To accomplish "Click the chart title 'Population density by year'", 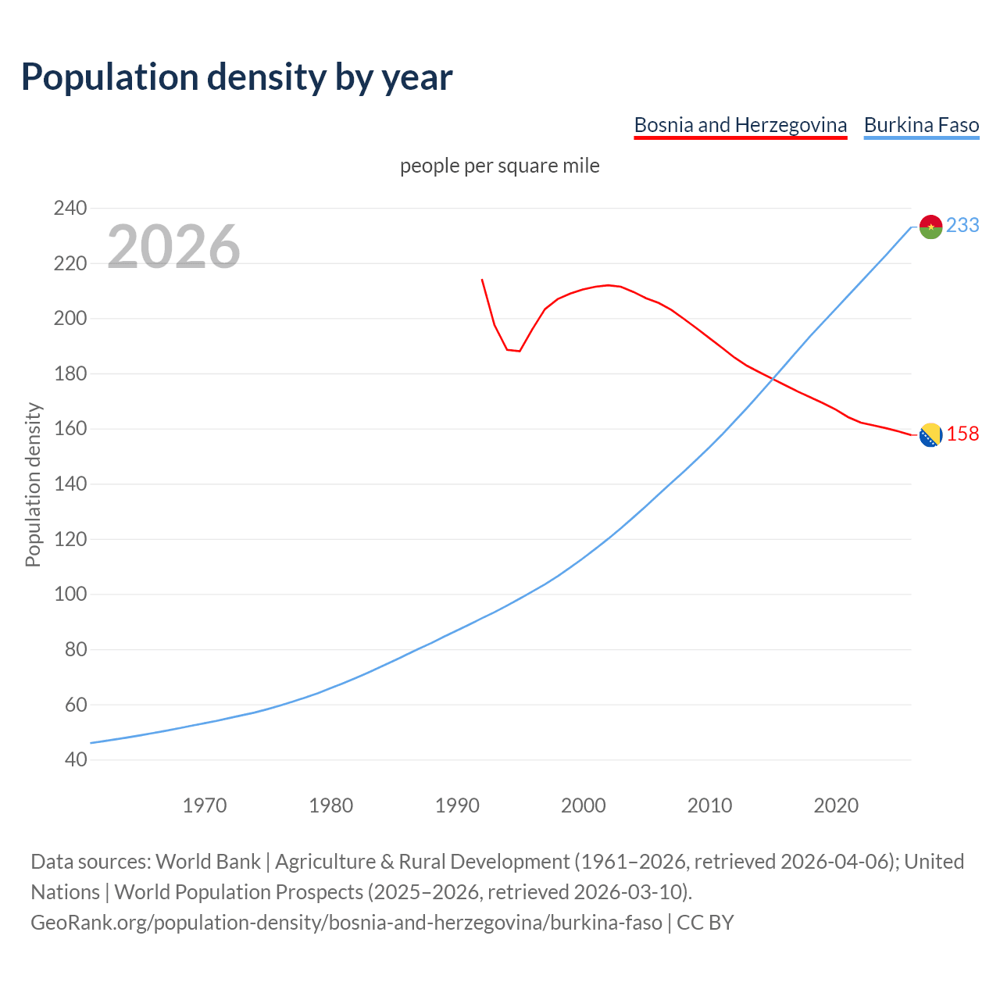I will coord(237,77).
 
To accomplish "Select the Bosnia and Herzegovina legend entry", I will coord(740,125).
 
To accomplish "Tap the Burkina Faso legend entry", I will coord(921,125).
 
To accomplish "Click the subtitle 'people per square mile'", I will coord(499,166).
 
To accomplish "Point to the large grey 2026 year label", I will coord(173,246).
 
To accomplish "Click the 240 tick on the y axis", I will coord(70,208).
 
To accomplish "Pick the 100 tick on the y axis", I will coord(70,594).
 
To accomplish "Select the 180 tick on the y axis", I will coord(70,373).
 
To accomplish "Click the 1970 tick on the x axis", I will coord(205,805).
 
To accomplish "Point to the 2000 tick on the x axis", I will coord(583,805).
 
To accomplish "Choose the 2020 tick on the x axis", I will coord(836,805).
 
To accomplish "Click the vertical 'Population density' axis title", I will coord(33,484).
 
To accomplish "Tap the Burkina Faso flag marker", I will coord(930,227).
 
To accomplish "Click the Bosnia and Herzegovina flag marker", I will coord(930,435).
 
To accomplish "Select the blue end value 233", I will coord(962,225).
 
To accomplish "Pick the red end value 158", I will coord(962,434).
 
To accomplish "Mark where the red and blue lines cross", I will coord(773,379).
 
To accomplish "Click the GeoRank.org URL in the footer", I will coord(346,922).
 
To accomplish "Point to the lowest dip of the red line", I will coord(519,351).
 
